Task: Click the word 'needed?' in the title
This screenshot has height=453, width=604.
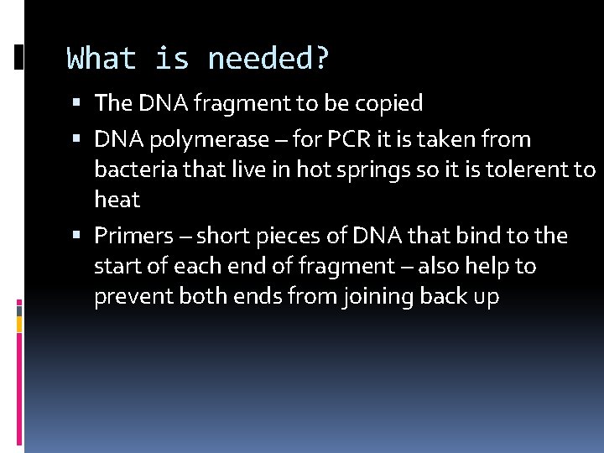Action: pos(269,60)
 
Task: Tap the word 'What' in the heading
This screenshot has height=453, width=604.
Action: pos(102,60)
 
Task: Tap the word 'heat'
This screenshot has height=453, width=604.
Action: pos(117,200)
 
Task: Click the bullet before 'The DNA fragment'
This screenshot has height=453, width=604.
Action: pos(76,104)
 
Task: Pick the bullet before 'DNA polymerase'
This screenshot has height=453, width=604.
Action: pos(76,139)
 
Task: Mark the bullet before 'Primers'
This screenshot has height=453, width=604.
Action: pos(76,237)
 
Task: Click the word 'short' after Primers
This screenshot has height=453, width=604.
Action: pos(230,236)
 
